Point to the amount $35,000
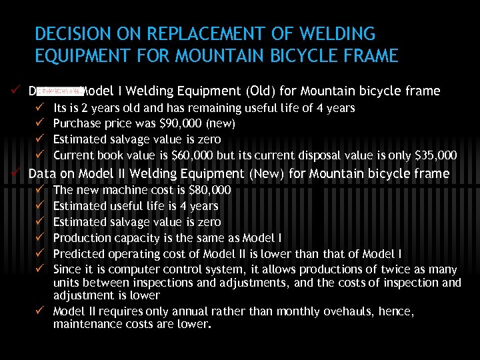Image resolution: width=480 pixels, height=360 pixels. pyautogui.click(x=436, y=155)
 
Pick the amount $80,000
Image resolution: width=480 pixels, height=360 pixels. pyautogui.click(x=209, y=190)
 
